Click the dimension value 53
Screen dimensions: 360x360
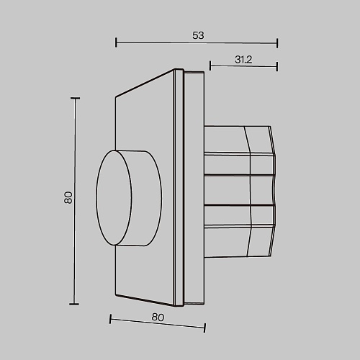point(198,35)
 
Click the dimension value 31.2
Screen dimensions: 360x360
point(243,60)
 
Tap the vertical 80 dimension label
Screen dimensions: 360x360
point(68,197)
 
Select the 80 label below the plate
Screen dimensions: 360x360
point(158,318)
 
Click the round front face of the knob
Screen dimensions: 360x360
point(114,198)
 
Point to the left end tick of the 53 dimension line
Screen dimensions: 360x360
point(116,42)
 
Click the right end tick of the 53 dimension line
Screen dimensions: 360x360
point(277,43)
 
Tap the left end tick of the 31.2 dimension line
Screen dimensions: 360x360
point(210,66)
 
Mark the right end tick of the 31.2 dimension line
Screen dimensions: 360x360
point(277,66)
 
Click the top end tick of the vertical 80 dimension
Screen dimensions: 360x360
point(76,98)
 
